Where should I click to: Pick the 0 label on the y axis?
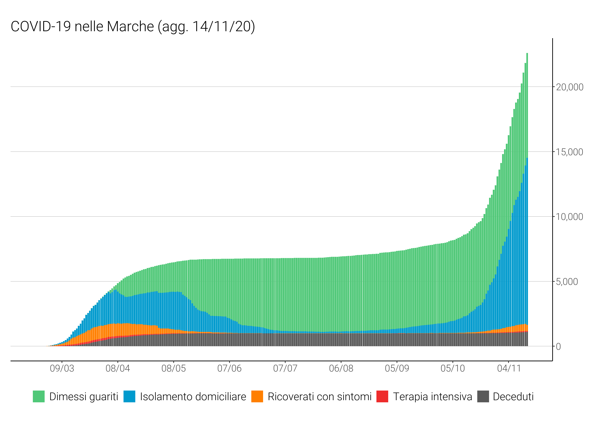tap(558, 347)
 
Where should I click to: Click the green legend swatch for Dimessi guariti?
tap(39, 397)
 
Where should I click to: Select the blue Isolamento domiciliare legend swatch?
tap(129, 397)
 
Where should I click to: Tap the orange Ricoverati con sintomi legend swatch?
tap(257, 397)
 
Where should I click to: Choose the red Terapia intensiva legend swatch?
tap(382, 397)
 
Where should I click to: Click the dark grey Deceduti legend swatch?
tap(483, 397)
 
